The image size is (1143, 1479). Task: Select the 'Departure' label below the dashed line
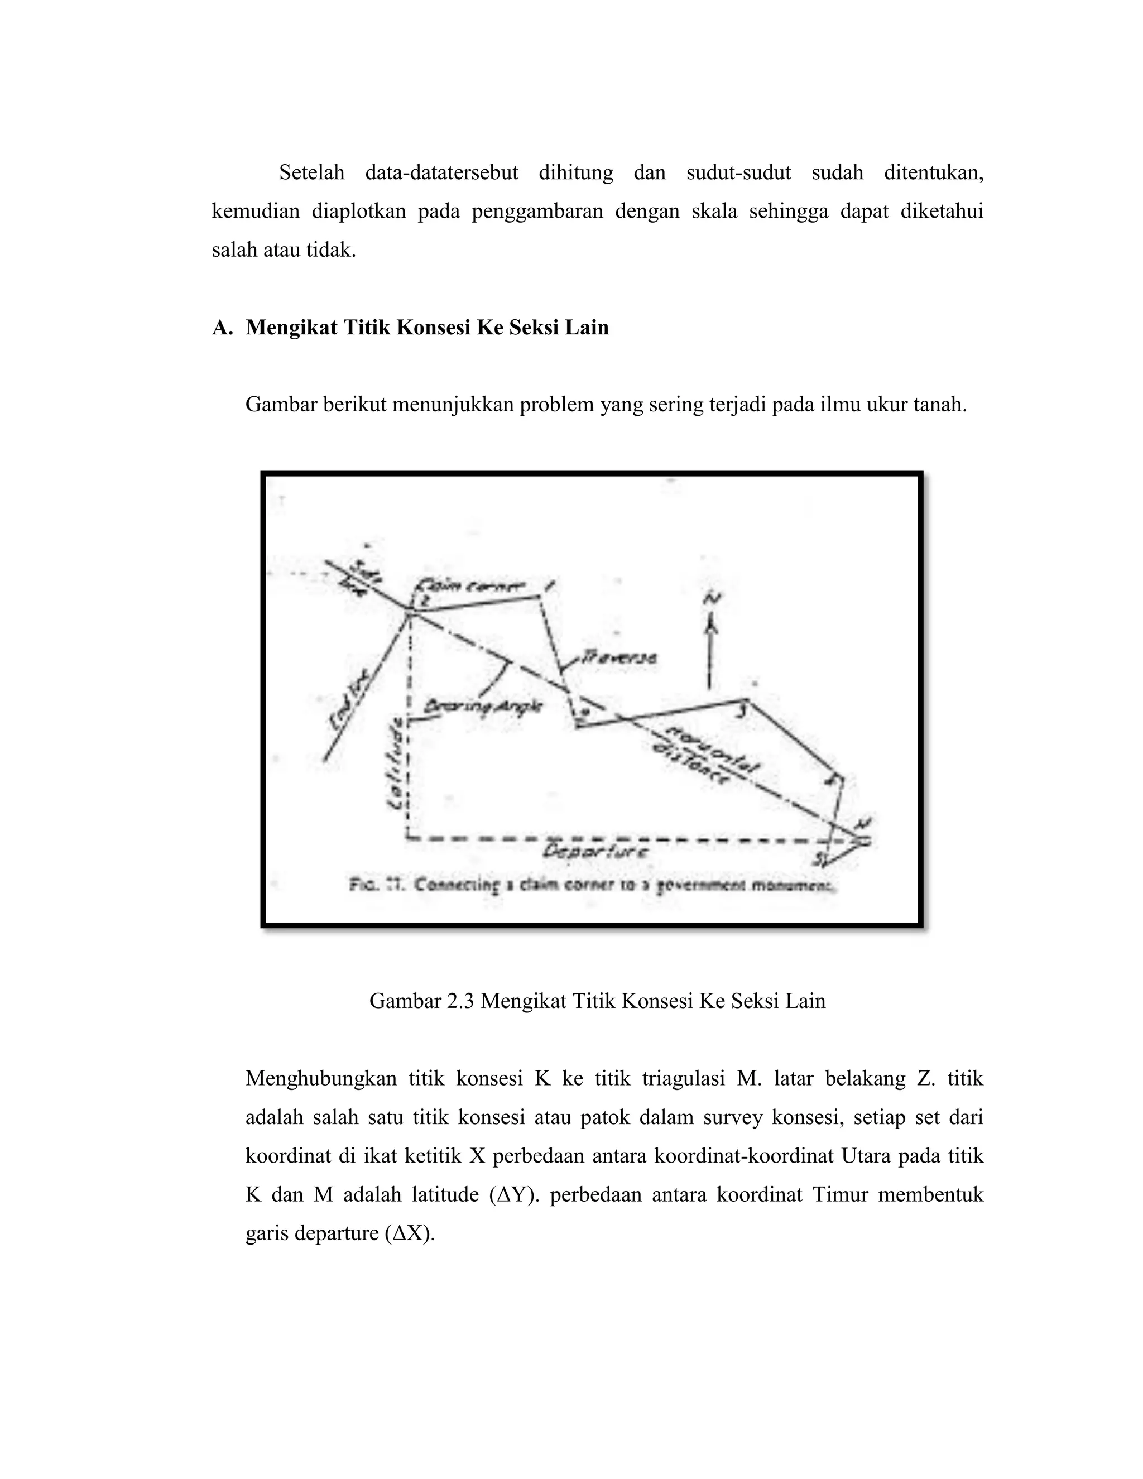596,852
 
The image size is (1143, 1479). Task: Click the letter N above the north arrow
712,598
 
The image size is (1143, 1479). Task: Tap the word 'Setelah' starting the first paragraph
311,172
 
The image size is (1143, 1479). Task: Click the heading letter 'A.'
223,328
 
